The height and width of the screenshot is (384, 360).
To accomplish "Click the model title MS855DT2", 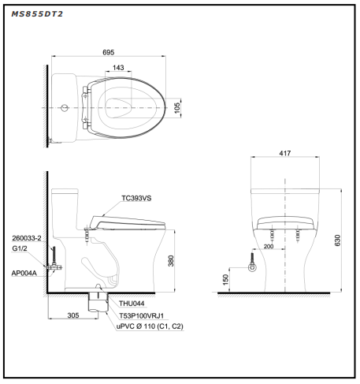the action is point(37,14).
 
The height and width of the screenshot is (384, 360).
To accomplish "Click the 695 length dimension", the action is point(109,52).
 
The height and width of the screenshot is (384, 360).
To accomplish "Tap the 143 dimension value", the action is point(118,68).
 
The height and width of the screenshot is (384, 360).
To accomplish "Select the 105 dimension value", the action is point(177,108).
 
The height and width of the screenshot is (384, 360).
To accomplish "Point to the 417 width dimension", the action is point(285,153).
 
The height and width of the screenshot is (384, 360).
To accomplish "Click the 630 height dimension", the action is point(337,240).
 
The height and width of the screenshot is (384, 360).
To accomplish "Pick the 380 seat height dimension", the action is point(171,261).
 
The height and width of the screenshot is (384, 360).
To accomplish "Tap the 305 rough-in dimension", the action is point(73,315).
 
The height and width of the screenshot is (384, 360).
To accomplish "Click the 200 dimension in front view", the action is point(269,246).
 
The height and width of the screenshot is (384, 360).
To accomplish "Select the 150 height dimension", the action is point(225,279).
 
